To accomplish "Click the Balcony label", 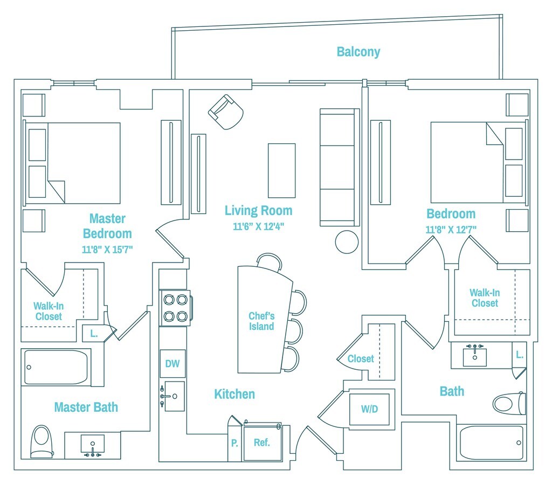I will pos(358,52).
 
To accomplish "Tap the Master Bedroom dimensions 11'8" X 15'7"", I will pos(107,249).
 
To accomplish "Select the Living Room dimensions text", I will pos(258,226).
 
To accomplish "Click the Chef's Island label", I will pos(261,321).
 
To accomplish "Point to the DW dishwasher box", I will pos(172,364).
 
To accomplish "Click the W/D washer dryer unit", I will pos(370,409).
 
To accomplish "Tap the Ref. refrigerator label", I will pos(261,443).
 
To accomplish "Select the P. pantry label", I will pos(234,443).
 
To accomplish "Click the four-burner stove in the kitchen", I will pos(175,308).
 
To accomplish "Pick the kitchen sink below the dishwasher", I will pos(174,396).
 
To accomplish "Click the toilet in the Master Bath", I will pos(41,441).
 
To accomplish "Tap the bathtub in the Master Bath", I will pos(56,367).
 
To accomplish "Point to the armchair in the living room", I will pos(226,112).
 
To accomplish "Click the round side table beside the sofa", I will pos(347,242).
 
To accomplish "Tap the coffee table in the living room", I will pos(281,170).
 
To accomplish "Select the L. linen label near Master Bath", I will pos(94,334).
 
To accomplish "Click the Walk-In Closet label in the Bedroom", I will pos(485,298).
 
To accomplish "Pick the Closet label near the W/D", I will pos(361,359).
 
